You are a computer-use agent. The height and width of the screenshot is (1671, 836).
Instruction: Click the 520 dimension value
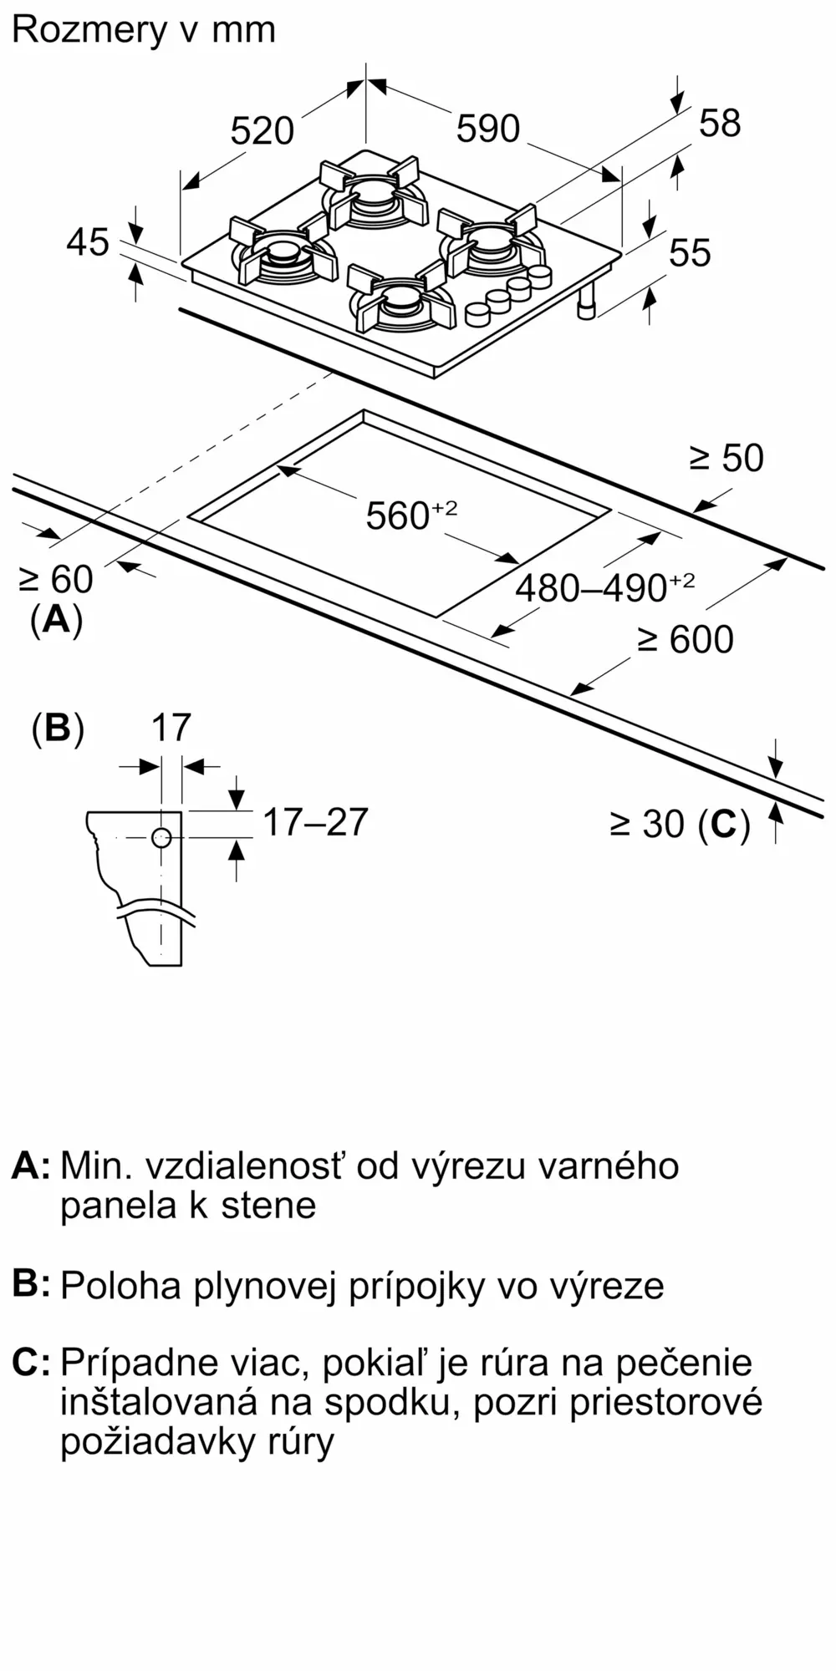pyautogui.click(x=262, y=131)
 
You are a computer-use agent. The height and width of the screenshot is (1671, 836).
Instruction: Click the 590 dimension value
pyautogui.click(x=488, y=129)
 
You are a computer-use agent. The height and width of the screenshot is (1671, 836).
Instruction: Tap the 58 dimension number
pyautogui.click(x=719, y=124)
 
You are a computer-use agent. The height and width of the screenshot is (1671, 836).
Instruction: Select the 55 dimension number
pyautogui.click(x=690, y=252)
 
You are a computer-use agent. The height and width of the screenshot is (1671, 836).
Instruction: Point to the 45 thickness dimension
pyautogui.click(x=88, y=242)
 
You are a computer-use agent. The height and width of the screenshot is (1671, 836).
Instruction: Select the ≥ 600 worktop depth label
pyautogui.click(x=686, y=640)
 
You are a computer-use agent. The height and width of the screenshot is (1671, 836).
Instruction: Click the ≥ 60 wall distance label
pyautogui.click(x=56, y=579)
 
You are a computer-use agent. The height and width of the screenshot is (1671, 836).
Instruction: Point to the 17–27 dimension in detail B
pyautogui.click(x=315, y=822)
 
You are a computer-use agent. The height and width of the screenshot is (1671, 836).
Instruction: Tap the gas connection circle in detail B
pyautogui.click(x=161, y=837)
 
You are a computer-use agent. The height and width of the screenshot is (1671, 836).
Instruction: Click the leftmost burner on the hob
pyautogui.click(x=278, y=253)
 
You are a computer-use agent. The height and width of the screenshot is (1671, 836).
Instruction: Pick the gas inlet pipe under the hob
pyautogui.click(x=588, y=301)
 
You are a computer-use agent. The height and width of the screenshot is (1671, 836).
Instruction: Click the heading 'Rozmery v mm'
pyautogui.click(x=143, y=30)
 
